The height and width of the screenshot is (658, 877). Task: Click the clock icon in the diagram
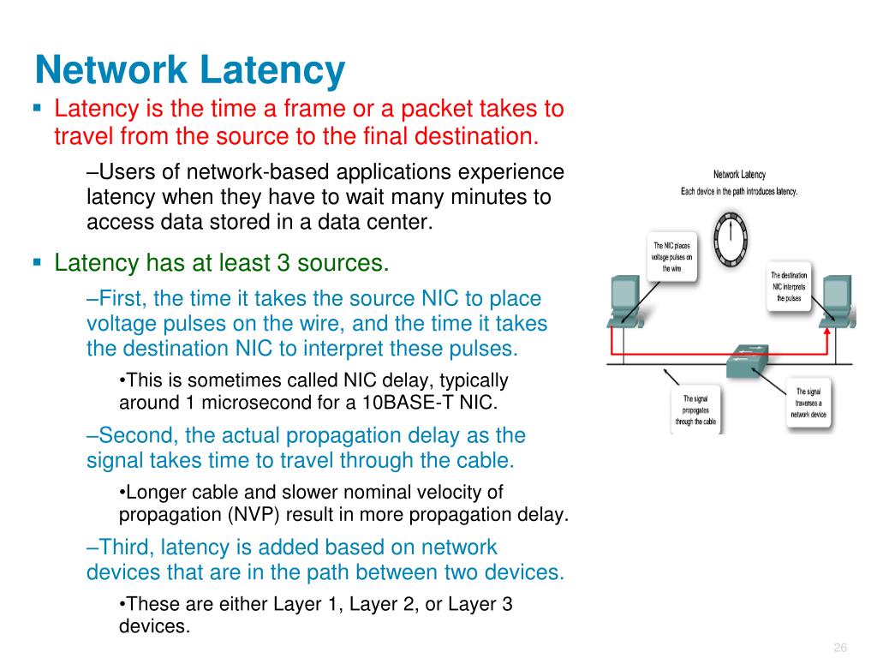pyautogui.click(x=731, y=237)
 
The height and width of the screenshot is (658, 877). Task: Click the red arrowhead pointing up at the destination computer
pyautogui.click(x=829, y=324)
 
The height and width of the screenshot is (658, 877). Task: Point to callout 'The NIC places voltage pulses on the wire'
pyautogui.click(x=671, y=256)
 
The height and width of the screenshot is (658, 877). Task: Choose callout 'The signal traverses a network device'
pyautogui.click(x=808, y=404)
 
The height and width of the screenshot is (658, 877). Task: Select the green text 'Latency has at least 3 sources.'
pyautogui.click(x=222, y=262)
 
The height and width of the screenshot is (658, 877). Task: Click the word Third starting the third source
pyautogui.click(x=125, y=547)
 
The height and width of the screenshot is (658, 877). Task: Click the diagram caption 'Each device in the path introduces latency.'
pyautogui.click(x=738, y=191)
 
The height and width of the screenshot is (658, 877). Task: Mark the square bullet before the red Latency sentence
pyautogui.click(x=38, y=109)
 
